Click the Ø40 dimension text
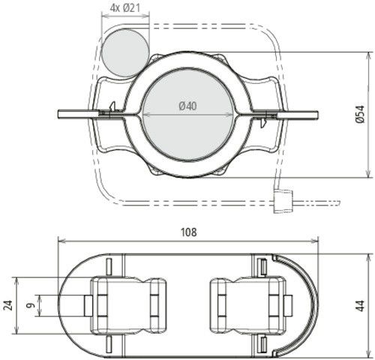187,106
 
